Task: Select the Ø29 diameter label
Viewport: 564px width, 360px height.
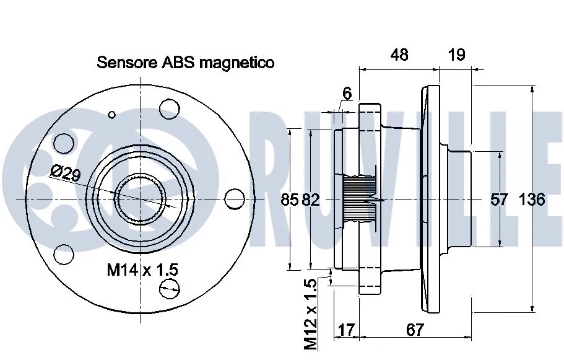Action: (x=66, y=175)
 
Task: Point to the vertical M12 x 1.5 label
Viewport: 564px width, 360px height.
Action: (x=311, y=312)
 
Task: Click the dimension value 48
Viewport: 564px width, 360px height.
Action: (x=400, y=55)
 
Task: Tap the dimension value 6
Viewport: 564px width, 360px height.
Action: (x=347, y=94)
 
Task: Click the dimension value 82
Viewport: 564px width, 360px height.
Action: (x=312, y=200)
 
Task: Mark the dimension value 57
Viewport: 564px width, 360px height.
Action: (x=499, y=200)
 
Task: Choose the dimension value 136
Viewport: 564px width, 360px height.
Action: (x=531, y=200)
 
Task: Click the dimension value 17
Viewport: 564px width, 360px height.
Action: (x=347, y=330)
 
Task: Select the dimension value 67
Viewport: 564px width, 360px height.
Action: (x=415, y=330)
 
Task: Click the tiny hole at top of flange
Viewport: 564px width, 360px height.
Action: (x=111, y=114)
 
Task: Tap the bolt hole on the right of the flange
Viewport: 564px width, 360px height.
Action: (x=233, y=198)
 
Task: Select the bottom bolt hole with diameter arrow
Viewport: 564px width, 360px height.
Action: (x=170, y=288)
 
